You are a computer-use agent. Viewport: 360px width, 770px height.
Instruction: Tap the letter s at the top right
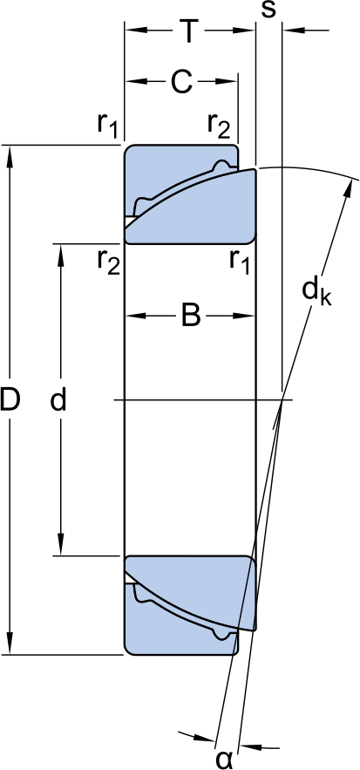click(x=268, y=10)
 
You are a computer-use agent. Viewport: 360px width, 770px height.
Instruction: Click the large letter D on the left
click(x=10, y=399)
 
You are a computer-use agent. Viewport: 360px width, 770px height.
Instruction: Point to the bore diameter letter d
click(x=58, y=399)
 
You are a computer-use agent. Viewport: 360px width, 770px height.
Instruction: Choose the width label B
click(x=191, y=316)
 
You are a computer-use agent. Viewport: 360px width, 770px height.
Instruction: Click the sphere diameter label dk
click(x=316, y=293)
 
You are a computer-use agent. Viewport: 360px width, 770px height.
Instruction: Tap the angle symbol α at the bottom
click(x=224, y=759)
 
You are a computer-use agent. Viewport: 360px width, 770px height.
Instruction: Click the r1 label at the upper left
click(x=107, y=124)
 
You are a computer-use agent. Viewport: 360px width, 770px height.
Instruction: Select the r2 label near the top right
click(x=218, y=124)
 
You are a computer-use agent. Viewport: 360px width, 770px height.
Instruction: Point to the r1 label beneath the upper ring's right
click(x=240, y=261)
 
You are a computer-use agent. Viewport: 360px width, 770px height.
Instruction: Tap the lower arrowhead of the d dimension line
click(x=61, y=544)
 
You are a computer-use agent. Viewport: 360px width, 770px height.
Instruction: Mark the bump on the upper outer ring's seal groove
click(x=222, y=166)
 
